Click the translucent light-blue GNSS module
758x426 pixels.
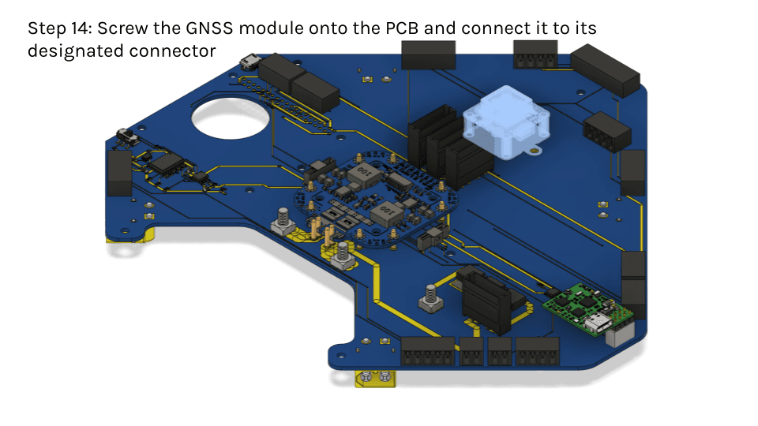pyautogui.click(x=505, y=122)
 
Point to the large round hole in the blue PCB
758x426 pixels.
pyautogui.click(x=231, y=118)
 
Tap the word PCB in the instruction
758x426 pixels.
pyautogui.click(x=402, y=28)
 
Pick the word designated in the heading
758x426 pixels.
pyautogui.click(x=76, y=50)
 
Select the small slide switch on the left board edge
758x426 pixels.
pyautogui.click(x=127, y=136)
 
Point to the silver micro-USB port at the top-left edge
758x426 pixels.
pyautogui.click(x=250, y=62)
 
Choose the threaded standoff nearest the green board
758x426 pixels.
pyautogui.click(x=431, y=299)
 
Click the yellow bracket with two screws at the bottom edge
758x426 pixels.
pyautogui.click(x=376, y=378)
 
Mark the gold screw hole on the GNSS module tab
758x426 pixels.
pyautogui.click(x=535, y=151)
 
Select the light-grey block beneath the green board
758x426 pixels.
pyautogui.click(x=619, y=334)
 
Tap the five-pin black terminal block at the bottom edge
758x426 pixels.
pyautogui.click(x=428, y=351)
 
